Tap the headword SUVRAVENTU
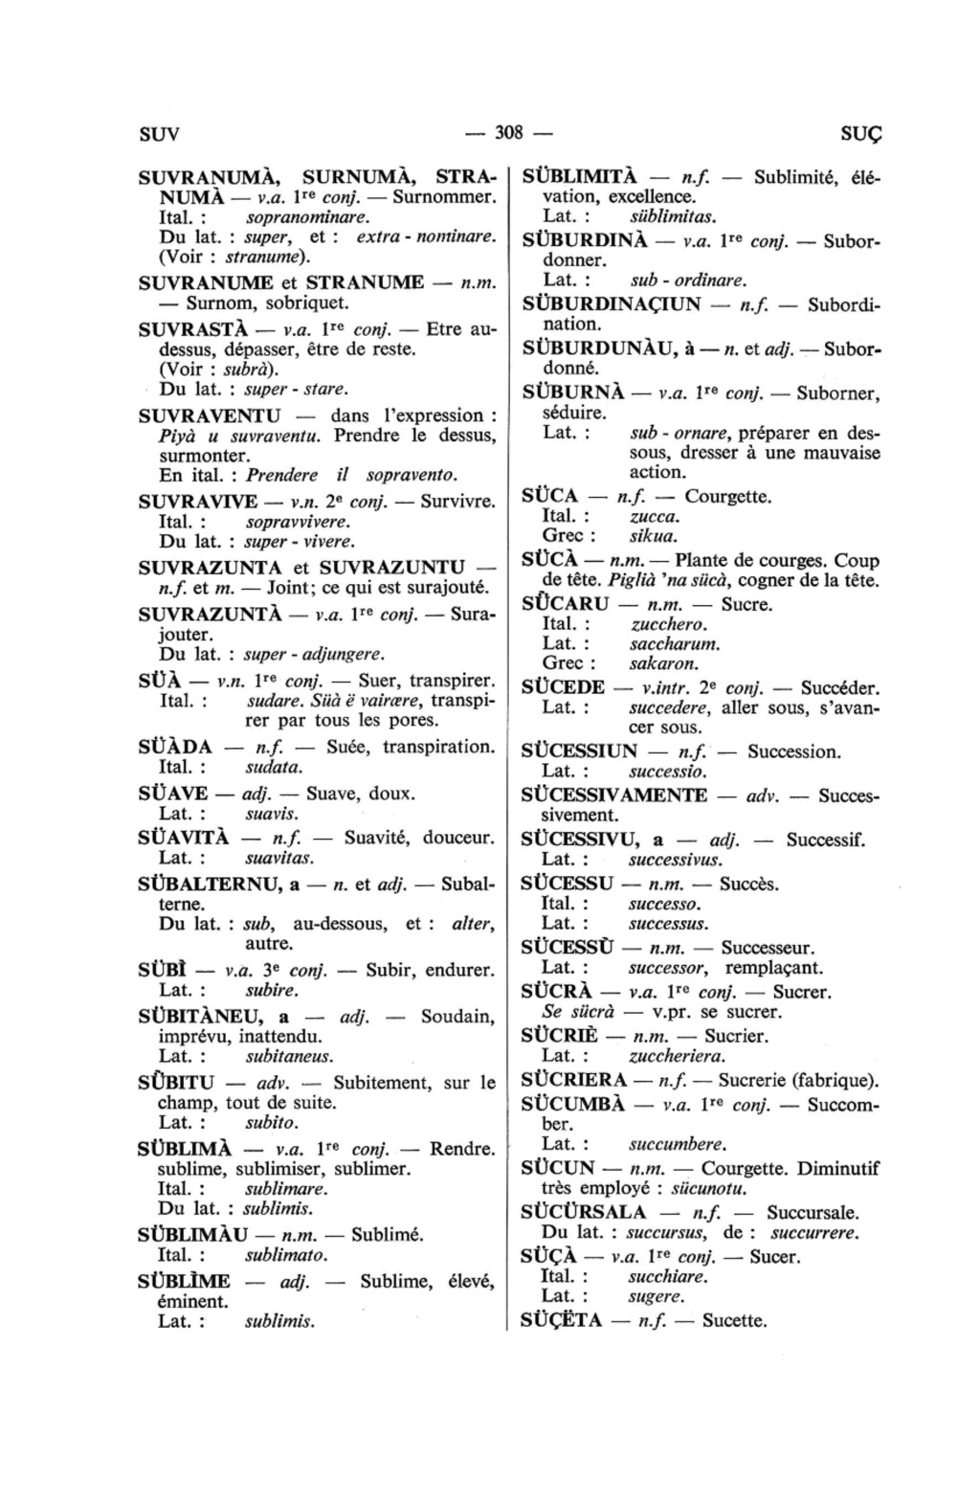point(211,415)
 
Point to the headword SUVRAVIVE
point(198,502)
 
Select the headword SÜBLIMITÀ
point(579,177)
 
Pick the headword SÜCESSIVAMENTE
point(614,795)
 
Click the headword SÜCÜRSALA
point(584,1212)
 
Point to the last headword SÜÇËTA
point(562,1321)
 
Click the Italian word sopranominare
point(301,217)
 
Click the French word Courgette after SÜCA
point(727,496)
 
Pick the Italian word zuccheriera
point(677,1056)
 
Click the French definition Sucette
point(734,1321)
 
